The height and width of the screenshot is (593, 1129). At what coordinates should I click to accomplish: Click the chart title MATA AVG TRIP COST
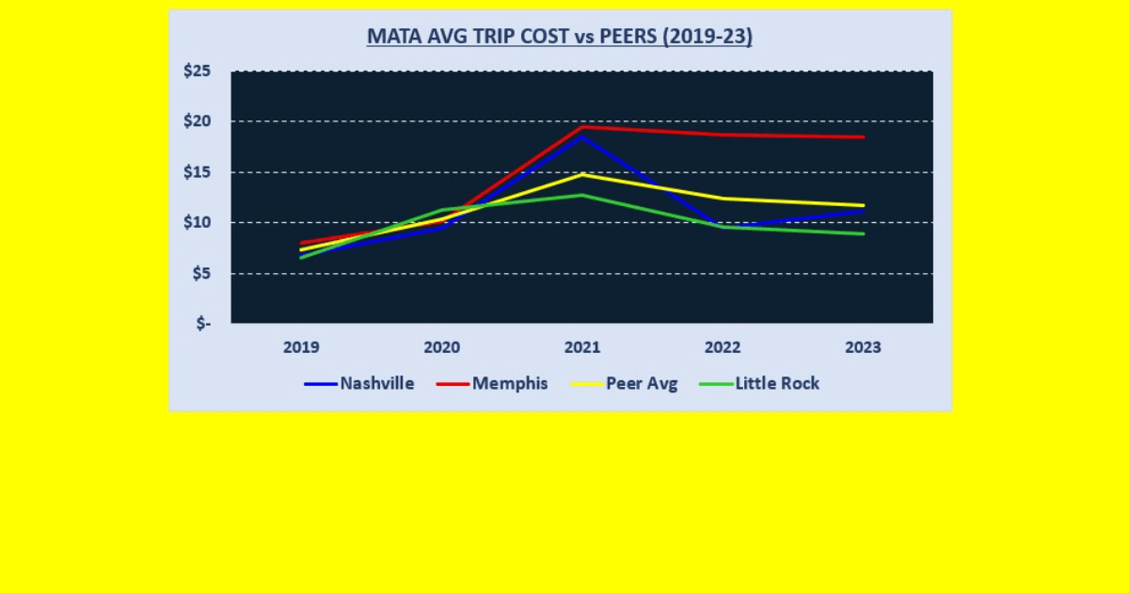point(559,37)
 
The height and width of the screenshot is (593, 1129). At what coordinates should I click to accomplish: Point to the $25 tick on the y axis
point(197,72)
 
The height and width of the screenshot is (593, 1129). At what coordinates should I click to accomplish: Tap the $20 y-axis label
point(197,121)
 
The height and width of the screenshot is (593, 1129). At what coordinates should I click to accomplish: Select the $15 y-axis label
point(197,172)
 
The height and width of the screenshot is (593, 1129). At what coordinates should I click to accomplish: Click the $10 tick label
point(197,223)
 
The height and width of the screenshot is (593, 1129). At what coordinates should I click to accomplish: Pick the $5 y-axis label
point(200,273)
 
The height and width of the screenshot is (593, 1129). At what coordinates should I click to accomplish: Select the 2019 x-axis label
point(301,347)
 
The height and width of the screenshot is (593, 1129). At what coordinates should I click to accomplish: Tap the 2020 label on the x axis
point(441,347)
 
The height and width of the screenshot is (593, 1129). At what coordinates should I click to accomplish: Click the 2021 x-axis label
point(582,347)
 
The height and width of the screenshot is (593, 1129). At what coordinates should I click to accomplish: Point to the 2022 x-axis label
point(723,347)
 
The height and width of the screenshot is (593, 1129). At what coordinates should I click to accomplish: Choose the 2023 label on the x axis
point(863,347)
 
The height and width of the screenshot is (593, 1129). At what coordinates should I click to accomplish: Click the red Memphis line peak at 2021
point(582,126)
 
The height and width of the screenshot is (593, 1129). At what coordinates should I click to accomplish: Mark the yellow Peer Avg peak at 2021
point(582,174)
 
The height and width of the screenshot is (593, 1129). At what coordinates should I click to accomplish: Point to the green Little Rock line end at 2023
point(863,233)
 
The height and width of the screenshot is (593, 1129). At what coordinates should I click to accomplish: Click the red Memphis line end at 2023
point(863,136)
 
